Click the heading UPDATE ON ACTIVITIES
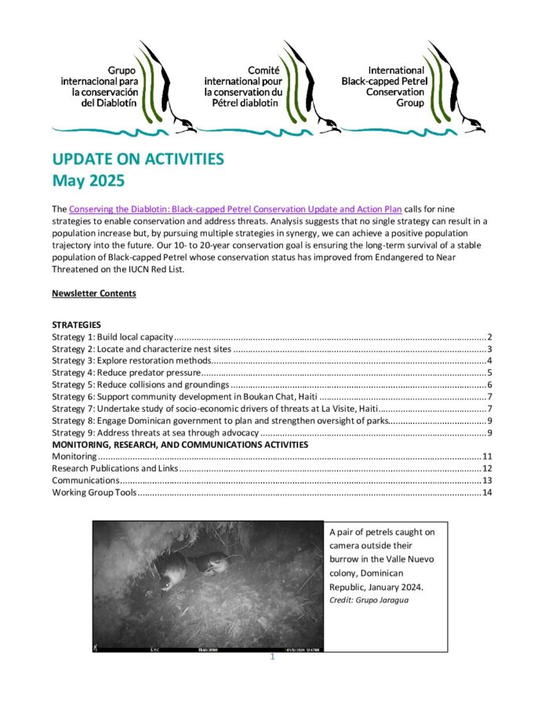point(137,159)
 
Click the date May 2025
point(89,181)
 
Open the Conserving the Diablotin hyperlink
point(236,209)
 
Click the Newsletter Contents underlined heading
point(93,293)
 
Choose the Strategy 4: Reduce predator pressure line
point(126,373)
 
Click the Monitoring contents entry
point(74,457)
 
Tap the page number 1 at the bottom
point(272,657)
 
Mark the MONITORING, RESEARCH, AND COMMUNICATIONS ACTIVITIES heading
point(180,445)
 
